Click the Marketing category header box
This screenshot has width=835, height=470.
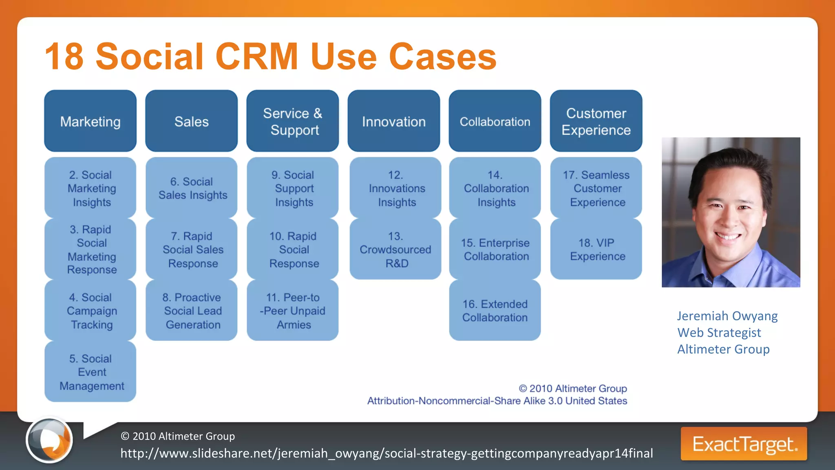pos(90,121)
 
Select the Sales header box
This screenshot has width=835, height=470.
pos(191,121)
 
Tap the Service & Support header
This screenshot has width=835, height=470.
pos(292,121)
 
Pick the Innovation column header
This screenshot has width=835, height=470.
pos(393,121)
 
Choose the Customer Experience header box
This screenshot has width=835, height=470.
pos(596,121)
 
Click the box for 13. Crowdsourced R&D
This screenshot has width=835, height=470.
pos(395,249)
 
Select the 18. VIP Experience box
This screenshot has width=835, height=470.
pos(596,249)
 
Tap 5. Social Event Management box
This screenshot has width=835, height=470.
pos(90,372)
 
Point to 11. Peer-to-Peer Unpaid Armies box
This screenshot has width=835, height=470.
pos(292,310)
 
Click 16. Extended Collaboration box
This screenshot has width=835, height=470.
pos(495,310)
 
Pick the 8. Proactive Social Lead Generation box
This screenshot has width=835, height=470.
pos(191,310)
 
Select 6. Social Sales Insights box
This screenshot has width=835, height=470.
pos(191,188)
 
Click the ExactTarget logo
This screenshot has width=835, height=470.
pos(744,444)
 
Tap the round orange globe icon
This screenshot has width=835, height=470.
pos(49,440)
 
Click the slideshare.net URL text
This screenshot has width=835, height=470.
pos(386,453)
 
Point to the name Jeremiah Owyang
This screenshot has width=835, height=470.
pos(727,316)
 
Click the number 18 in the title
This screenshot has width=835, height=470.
pos(64,57)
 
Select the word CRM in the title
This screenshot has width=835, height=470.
pos(257,57)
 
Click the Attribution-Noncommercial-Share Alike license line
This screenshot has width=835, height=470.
pos(497,401)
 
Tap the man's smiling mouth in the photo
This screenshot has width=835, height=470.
pos(729,236)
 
